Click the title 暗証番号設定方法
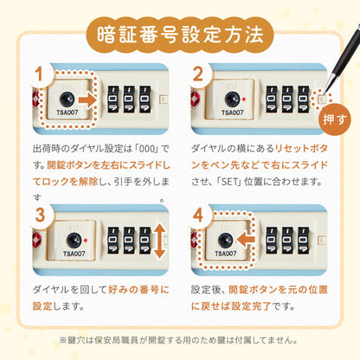(x=179, y=35)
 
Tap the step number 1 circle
(x=38, y=74)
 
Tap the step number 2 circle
(x=198, y=74)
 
